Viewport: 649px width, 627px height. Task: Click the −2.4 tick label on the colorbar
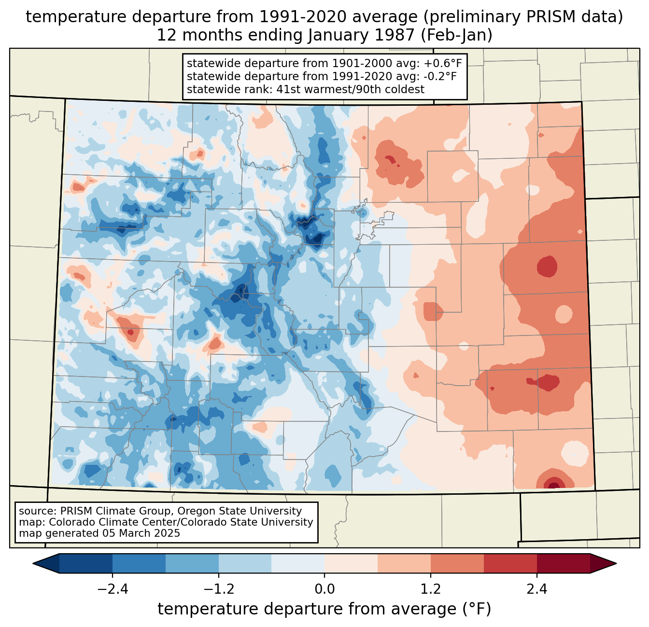pyautogui.click(x=113, y=589)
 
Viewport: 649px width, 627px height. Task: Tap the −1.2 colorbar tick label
pyautogui.click(x=219, y=589)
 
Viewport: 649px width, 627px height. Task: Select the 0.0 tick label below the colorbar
pyautogui.click(x=324, y=589)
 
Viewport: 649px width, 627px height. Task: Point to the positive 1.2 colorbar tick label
pyautogui.click(x=431, y=589)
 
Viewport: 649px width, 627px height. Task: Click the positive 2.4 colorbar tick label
pyautogui.click(x=537, y=589)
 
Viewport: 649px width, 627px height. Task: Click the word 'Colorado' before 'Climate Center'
pyautogui.click(x=71, y=522)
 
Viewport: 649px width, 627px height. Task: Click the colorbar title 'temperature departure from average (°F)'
pyautogui.click(x=324, y=609)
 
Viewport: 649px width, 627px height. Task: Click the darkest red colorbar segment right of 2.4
pyautogui.click(x=563, y=563)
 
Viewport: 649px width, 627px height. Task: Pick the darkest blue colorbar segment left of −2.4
pyautogui.click(x=86, y=563)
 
